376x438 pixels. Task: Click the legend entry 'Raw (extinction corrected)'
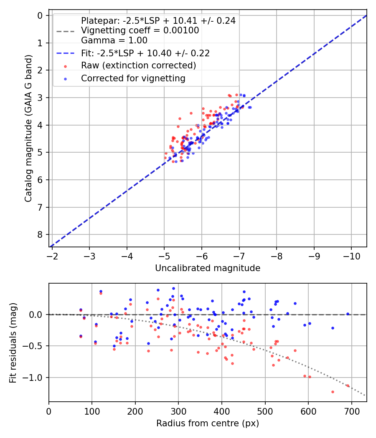pos(138,65)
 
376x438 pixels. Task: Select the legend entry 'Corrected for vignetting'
pos(133,78)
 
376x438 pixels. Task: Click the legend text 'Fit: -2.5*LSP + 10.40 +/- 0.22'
pos(145,53)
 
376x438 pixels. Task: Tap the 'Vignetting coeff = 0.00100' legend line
pos(140,30)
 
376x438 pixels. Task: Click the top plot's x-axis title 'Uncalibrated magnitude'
pos(208,268)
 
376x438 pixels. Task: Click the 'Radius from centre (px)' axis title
pos(208,423)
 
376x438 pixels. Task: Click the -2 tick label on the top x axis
pos(52,255)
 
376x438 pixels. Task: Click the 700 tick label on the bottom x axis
pos(351,410)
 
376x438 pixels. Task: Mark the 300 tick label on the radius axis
pos(178,410)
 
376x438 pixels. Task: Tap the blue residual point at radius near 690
pos(348,314)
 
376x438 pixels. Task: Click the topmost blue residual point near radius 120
pos(101,291)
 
